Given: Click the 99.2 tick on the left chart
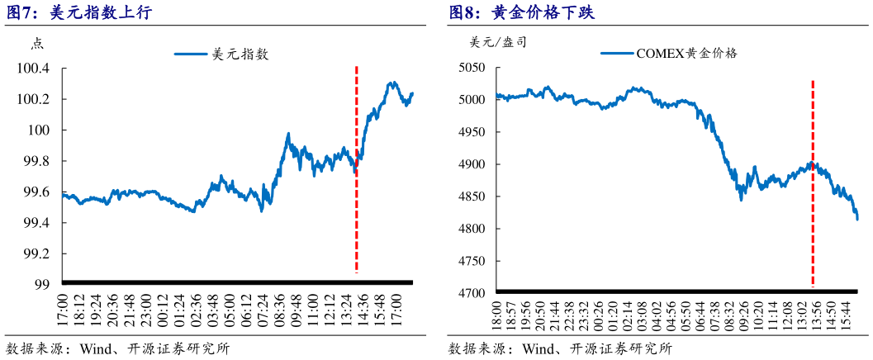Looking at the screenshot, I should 37,253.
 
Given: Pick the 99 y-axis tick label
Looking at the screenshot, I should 42,285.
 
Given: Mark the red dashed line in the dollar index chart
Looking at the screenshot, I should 356,165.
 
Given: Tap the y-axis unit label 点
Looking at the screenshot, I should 37,45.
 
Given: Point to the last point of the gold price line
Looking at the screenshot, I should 857,219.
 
